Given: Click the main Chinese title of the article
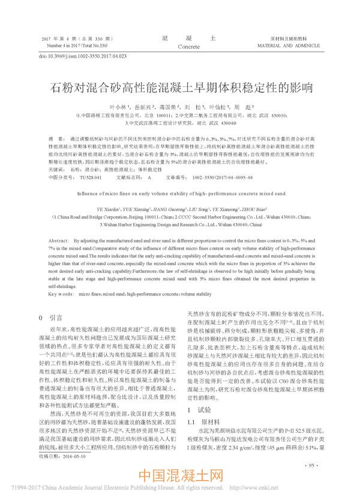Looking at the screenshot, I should pos(179,88).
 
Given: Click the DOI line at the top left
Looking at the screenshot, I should pos(83,56).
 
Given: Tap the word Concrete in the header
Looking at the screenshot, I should pos(188,46).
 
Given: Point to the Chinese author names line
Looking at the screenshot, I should pos(179,107).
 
